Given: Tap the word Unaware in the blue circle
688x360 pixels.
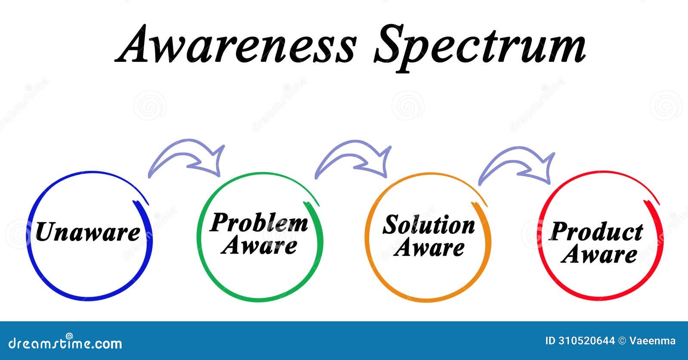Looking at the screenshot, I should [x=88, y=232].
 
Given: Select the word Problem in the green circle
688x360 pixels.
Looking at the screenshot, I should [x=259, y=223].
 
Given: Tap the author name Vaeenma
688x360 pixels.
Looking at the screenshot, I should [x=652, y=341].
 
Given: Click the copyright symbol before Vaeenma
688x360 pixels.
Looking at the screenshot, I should [x=622, y=341].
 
